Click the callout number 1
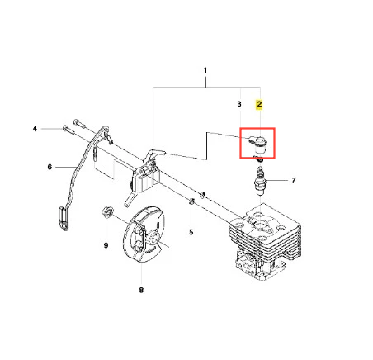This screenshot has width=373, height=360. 205,70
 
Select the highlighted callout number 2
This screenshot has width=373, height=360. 259,104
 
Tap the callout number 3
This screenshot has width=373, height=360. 239,104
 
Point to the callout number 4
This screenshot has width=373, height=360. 35,129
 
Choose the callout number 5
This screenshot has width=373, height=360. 191,232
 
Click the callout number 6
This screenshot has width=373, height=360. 50,167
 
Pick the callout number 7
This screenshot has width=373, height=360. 294,180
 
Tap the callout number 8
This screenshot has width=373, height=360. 141,290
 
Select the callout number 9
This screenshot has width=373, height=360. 106,245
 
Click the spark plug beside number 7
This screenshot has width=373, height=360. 259,181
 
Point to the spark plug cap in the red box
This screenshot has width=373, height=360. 258,144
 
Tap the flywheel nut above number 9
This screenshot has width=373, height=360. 107,211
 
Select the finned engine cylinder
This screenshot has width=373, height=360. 265,241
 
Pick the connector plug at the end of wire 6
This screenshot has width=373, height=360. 64,219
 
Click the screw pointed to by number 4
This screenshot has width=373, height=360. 68,129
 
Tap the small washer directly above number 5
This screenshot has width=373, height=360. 191,201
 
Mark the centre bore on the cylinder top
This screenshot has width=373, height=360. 259,226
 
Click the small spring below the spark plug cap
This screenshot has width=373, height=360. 258,159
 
